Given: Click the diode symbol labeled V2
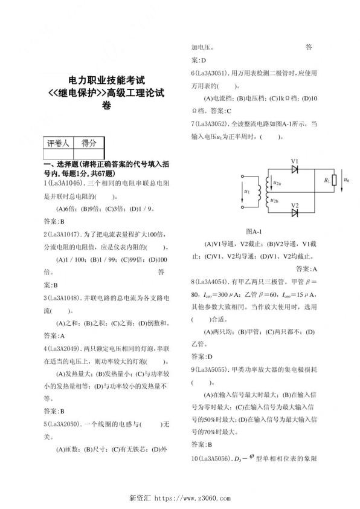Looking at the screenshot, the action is (295, 213).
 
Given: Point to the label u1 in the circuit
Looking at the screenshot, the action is (246, 192).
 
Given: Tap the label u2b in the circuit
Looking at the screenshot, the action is (275, 199).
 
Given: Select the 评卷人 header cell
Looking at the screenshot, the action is (59, 143).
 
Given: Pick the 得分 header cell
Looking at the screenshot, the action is (89, 143).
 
